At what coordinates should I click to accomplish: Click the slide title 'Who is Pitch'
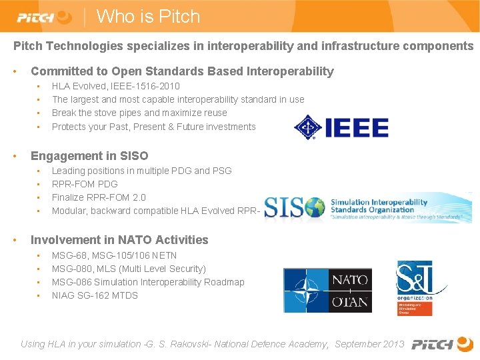pos(148,16)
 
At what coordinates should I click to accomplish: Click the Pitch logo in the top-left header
pos(44,17)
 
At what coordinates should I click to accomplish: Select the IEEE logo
pos(341,127)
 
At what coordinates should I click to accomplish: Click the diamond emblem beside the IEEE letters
pos(307,127)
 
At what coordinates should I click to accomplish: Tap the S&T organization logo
pos(414,282)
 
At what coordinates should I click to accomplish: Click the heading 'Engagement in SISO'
pos(89,156)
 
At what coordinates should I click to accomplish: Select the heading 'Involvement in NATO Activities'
pos(119,240)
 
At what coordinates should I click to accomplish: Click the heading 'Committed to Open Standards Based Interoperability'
pos(182,71)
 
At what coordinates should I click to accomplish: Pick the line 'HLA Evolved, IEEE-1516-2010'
pos(115,86)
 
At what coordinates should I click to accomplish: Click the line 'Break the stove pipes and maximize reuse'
pos(139,113)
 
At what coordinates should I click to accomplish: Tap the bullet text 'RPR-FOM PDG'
pos(85,184)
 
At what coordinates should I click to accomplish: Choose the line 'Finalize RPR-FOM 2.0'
pos(99,197)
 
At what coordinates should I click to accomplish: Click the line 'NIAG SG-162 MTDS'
pos(95,295)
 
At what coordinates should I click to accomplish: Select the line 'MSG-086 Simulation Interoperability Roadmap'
pos(148,282)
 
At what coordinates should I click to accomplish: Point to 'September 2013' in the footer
pos(369,344)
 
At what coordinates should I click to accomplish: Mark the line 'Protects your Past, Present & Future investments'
pos(153,127)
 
